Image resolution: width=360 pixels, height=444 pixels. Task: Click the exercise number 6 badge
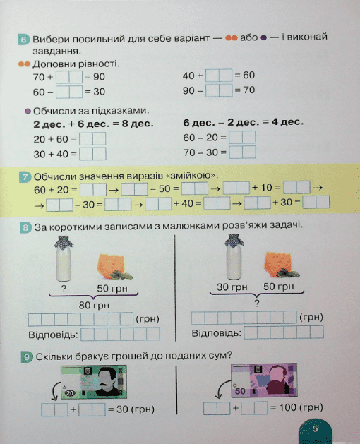(23, 40)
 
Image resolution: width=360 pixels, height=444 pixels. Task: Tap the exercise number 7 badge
(25, 177)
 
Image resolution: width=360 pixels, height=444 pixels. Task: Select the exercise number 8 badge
(25, 227)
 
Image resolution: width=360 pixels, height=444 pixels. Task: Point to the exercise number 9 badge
(27, 356)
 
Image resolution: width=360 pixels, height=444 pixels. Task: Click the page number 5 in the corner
(315, 428)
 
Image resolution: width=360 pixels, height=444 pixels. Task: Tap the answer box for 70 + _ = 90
(69, 77)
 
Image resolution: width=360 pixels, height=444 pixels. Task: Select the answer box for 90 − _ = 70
(219, 90)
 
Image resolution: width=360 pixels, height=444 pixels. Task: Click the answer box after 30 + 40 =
(92, 154)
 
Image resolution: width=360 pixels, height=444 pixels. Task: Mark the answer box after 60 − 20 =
(242, 138)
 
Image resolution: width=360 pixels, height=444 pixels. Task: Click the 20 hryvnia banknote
(94, 383)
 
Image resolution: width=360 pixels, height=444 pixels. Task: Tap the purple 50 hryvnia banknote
(264, 380)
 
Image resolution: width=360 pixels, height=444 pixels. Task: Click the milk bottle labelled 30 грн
(234, 257)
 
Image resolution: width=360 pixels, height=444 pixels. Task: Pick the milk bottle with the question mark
(64, 258)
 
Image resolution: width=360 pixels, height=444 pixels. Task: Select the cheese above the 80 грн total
(114, 267)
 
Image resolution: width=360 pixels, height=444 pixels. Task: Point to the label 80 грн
(94, 306)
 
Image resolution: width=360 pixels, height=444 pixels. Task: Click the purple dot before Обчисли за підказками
(28, 111)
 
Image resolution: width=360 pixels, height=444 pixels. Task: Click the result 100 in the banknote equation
(288, 408)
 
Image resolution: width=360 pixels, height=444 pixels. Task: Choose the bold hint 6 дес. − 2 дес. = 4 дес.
(244, 122)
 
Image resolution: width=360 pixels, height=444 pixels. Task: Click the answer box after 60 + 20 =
(93, 190)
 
